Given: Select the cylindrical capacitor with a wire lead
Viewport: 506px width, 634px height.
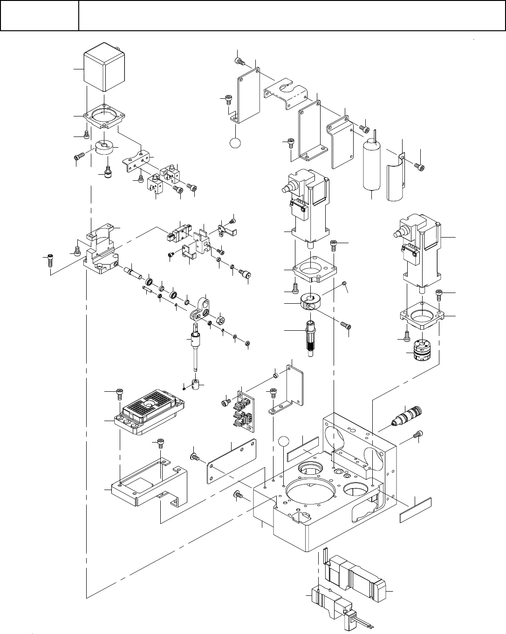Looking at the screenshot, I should pyautogui.click(x=373, y=165).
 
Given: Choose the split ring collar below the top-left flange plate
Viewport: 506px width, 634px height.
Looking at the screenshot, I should pyautogui.click(x=104, y=150).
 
